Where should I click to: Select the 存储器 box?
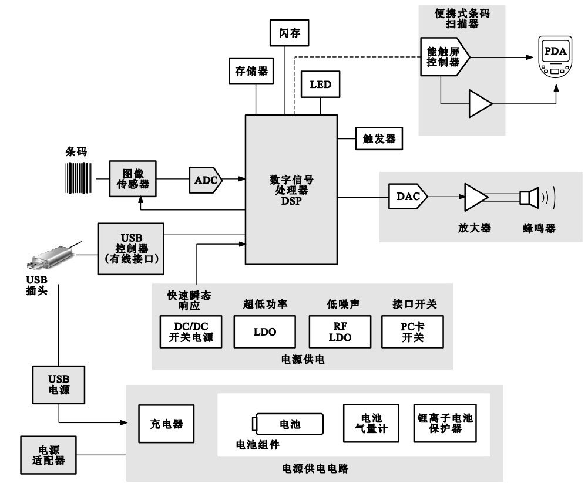[247, 71]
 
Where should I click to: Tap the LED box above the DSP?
[320, 84]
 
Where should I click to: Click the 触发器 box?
[379, 139]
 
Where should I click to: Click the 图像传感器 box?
[133, 178]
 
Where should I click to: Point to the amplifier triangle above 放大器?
[476, 197]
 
